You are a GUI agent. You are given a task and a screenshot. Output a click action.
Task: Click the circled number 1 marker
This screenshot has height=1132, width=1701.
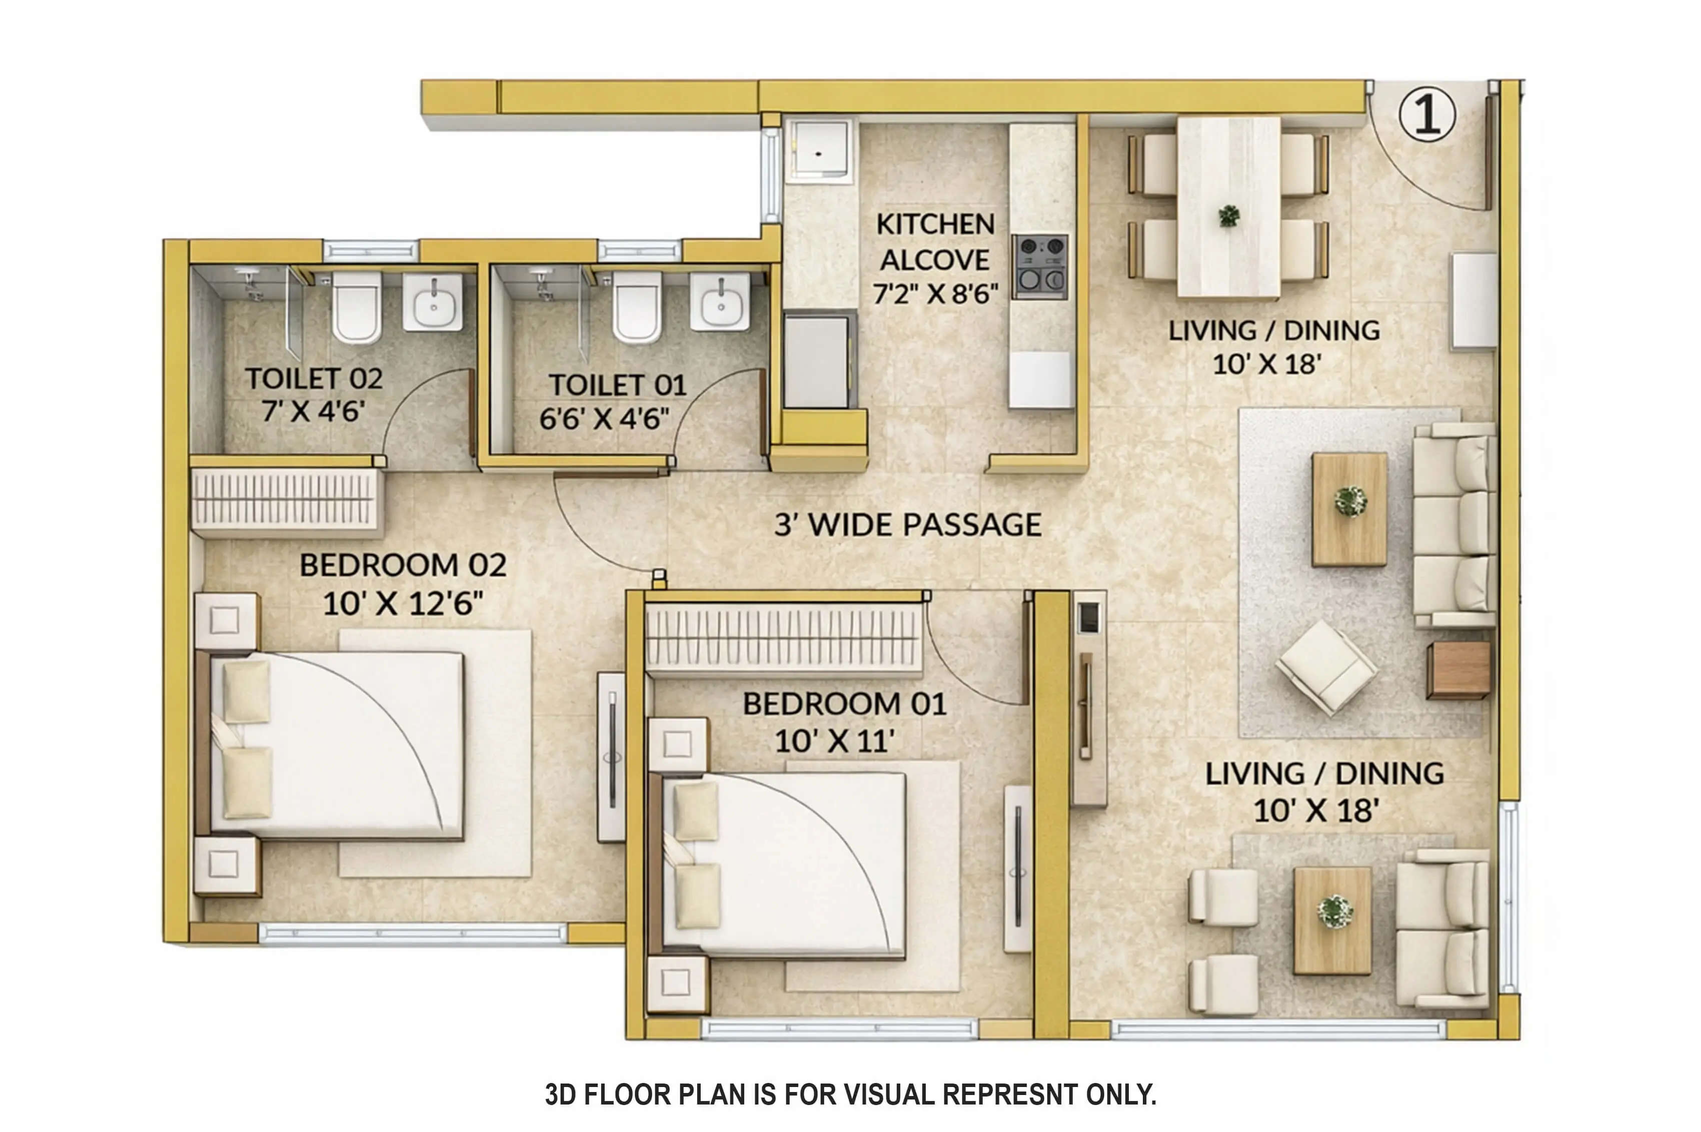[x=1426, y=114]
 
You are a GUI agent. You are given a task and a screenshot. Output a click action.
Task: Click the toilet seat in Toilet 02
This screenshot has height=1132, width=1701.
[x=356, y=307]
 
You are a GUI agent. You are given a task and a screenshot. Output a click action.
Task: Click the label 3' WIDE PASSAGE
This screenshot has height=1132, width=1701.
[x=907, y=525]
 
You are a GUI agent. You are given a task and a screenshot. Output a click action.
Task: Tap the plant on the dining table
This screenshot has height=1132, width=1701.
[x=1228, y=215]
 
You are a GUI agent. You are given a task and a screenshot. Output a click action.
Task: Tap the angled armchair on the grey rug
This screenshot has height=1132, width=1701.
[x=1326, y=666]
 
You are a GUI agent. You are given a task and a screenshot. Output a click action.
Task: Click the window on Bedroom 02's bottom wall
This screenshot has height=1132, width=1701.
[x=413, y=934]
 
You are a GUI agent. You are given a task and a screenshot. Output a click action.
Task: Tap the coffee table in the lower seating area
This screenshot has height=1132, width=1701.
[x=1332, y=921]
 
